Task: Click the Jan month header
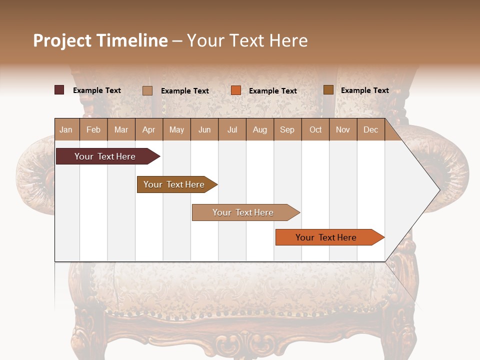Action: pyautogui.click(x=66, y=129)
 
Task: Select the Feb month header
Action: pyautogui.click(x=93, y=129)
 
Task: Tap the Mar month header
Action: pyautogui.click(x=121, y=129)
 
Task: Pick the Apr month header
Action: pyautogui.click(x=149, y=129)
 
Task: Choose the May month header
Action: pyautogui.click(x=176, y=129)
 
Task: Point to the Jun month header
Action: pyautogui.click(x=204, y=129)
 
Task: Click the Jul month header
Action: pyautogui.click(x=232, y=129)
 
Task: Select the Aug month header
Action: pyautogui.click(x=260, y=129)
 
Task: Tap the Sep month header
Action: pyautogui.click(x=287, y=129)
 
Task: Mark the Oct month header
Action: pyautogui.click(x=315, y=129)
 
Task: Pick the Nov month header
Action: pyautogui.click(x=343, y=129)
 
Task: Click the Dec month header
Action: pyautogui.click(x=371, y=129)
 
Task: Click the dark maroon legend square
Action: pyautogui.click(x=59, y=90)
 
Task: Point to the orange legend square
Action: pyautogui.click(x=236, y=90)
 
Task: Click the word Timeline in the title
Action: pyautogui.click(x=132, y=40)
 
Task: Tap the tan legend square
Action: pyautogui.click(x=147, y=90)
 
